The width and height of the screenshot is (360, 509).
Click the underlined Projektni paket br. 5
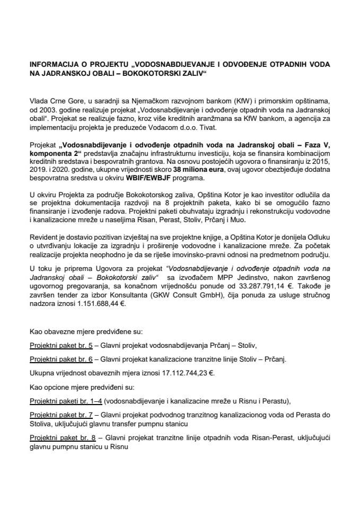pos(62,346)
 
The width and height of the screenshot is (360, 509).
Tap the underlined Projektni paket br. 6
pos(62,359)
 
